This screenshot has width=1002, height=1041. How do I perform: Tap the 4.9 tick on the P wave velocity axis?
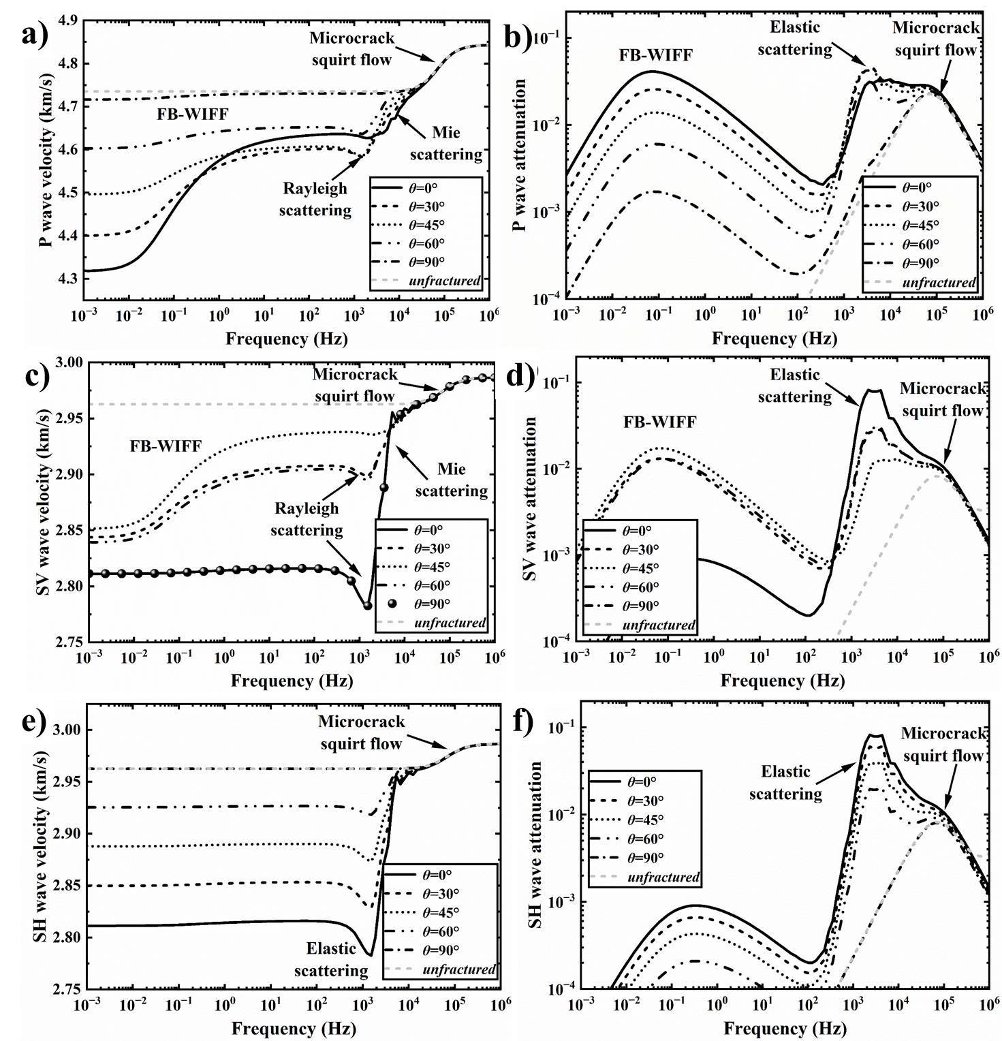68,20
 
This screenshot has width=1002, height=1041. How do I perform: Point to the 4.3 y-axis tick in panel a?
68,279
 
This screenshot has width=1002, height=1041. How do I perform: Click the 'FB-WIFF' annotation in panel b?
655,55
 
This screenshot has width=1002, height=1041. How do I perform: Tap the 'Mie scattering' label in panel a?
445,144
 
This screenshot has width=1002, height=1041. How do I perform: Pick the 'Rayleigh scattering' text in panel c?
307,519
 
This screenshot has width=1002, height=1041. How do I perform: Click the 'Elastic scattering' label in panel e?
331,959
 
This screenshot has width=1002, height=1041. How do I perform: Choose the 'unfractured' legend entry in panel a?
425,281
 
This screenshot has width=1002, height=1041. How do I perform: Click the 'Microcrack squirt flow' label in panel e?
361,732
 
